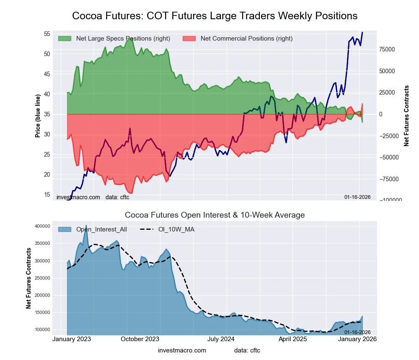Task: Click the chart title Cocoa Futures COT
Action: (x=215, y=16)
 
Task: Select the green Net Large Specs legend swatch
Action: (x=65, y=39)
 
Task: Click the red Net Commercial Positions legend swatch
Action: (x=190, y=39)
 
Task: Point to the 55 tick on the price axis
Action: (x=47, y=33)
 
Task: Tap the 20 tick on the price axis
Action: (x=47, y=175)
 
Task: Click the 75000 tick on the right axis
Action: (x=387, y=49)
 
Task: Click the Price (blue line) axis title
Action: (x=38, y=116)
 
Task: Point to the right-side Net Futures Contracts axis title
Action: (x=406, y=116)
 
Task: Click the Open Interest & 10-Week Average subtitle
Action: (x=215, y=215)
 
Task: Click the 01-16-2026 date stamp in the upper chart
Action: (x=357, y=197)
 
